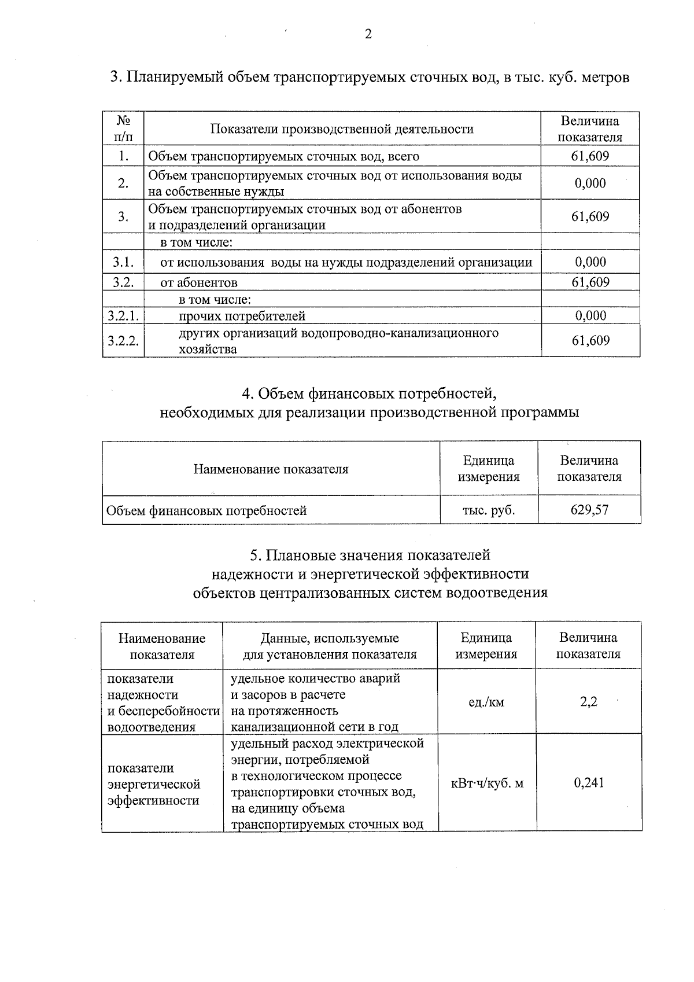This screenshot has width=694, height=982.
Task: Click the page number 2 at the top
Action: coord(368,34)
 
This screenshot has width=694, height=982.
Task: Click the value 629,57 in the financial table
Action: coord(590,510)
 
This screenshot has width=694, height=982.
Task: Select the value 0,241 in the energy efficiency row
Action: coord(589,783)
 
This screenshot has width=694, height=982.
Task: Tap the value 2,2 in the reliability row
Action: coord(589,702)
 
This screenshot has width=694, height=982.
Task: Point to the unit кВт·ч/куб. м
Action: coord(487,784)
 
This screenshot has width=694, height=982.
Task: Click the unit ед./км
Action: coord(486,703)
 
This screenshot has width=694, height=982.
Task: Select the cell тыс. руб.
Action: coord(489,510)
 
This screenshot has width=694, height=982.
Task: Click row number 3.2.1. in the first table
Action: coord(123,315)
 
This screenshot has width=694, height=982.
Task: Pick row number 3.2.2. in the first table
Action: coord(123,340)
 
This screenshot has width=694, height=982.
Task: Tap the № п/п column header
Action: coord(123,128)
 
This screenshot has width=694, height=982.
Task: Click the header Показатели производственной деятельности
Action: coord(342,129)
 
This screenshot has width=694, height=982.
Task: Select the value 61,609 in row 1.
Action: coord(590,156)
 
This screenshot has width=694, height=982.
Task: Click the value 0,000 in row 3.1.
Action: coord(590,262)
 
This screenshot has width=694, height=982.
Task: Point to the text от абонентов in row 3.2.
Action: coord(199,282)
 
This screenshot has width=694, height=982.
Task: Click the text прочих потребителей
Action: coord(242,316)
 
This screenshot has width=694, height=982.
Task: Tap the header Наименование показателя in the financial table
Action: coord(271,469)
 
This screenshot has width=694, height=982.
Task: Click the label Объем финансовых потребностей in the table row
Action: coord(206,510)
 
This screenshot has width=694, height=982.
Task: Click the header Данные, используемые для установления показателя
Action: coord(330,646)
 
